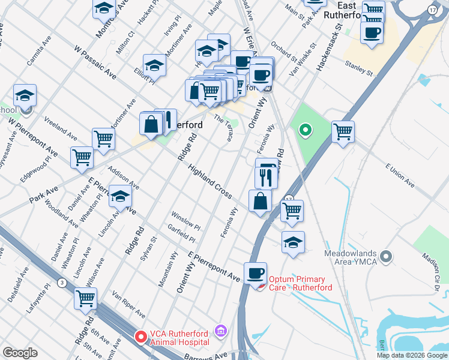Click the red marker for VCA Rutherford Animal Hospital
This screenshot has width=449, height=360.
pyautogui.click(x=141, y=337)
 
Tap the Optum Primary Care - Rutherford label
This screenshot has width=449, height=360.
pyautogui.click(x=297, y=283)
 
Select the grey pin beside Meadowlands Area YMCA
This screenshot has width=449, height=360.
pyautogui.click(x=385, y=257)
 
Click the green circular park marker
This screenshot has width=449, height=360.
pyautogui.click(x=305, y=130)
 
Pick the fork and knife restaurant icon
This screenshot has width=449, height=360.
pyautogui.click(x=265, y=176)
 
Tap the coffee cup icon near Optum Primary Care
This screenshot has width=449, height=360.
pyautogui.click(x=255, y=273)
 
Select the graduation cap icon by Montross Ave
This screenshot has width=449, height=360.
pyautogui.click(x=104, y=8)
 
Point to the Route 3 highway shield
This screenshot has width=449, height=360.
pyautogui.click(x=62, y=282)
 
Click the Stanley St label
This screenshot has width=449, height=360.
pyautogui.click(x=358, y=67)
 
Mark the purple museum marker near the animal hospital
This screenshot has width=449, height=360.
pyautogui.click(x=220, y=331)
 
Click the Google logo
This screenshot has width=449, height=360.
pyautogui.click(x=20, y=353)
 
